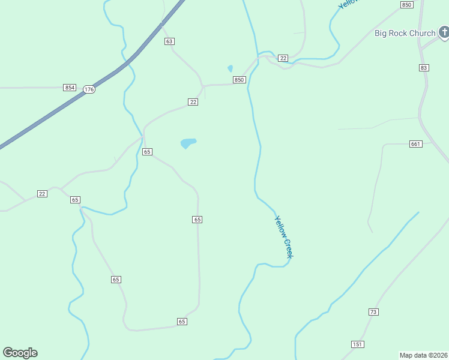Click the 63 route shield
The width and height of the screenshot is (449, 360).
(170, 41)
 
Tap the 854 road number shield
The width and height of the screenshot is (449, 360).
(70, 88)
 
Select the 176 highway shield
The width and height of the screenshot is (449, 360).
(89, 89)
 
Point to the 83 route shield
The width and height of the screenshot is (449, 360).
(424, 68)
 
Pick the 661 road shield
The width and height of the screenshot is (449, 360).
(416, 144)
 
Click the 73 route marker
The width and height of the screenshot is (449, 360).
(373, 312)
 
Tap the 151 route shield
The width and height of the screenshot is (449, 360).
(358, 344)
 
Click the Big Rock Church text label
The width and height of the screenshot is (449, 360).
(405, 33)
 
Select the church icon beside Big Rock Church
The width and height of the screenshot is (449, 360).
(443, 32)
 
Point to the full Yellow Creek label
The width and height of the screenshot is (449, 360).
(284, 237)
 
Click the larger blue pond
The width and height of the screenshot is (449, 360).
(188, 143)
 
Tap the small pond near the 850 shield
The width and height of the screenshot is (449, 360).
(230, 68)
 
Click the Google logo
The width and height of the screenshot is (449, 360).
(20, 353)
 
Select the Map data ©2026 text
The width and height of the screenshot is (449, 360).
(423, 355)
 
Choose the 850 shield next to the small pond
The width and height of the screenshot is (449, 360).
(240, 80)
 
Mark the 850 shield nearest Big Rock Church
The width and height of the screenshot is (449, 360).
(407, 5)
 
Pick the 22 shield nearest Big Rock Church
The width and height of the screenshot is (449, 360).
(283, 58)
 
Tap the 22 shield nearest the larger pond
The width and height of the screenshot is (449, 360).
(193, 102)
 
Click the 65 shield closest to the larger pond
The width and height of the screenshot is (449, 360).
(147, 152)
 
